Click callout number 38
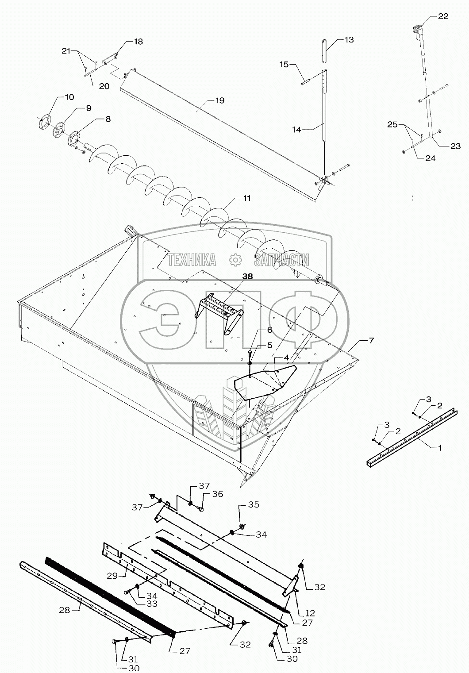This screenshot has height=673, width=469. click(247, 276)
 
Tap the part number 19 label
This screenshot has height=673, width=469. click(220, 100)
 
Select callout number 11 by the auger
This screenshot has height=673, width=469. click(247, 198)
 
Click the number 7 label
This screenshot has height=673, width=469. click(371, 340)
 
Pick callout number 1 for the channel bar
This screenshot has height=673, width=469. click(439, 447)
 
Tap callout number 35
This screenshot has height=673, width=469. click(254, 504)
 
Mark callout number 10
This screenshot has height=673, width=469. click(69, 97)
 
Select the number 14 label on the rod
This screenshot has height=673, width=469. click(296, 130)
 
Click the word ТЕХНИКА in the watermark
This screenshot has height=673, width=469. click(191, 260)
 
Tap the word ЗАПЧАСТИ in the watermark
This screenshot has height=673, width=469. click(281, 260)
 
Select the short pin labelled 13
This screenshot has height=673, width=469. click(325, 51)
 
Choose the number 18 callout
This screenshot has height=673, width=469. click(138, 42)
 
